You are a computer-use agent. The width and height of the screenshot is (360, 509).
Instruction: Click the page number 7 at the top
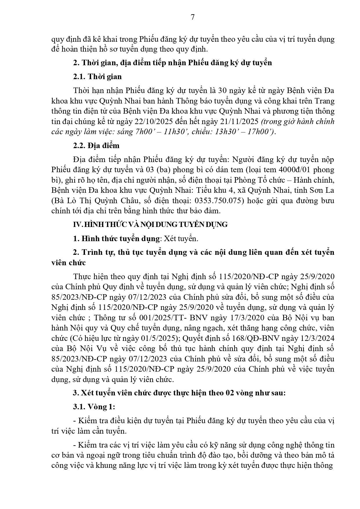click(x=193, y=17)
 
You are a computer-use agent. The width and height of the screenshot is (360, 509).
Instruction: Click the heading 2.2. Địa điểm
click(x=96, y=146)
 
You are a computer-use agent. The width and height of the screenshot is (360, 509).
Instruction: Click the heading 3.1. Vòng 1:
click(x=94, y=407)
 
